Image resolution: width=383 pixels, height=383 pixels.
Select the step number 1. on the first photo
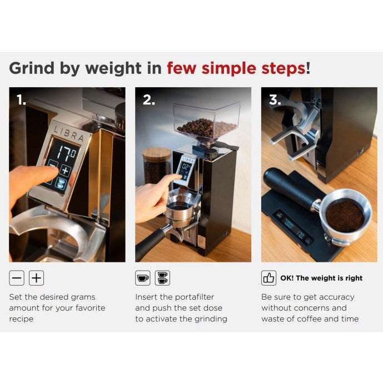[21, 100]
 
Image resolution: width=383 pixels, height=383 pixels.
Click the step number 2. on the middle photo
[148, 100]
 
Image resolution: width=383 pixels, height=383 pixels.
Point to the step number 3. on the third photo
[275, 100]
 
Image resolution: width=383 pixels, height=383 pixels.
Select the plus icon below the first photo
[36, 278]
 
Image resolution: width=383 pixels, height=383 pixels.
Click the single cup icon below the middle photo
[142, 278]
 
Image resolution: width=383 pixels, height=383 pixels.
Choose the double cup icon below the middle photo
[162, 278]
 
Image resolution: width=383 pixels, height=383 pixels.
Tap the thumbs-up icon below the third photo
[268, 278]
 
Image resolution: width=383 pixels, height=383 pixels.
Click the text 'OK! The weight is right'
[321, 278]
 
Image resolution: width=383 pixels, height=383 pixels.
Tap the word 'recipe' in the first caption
[21, 319]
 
